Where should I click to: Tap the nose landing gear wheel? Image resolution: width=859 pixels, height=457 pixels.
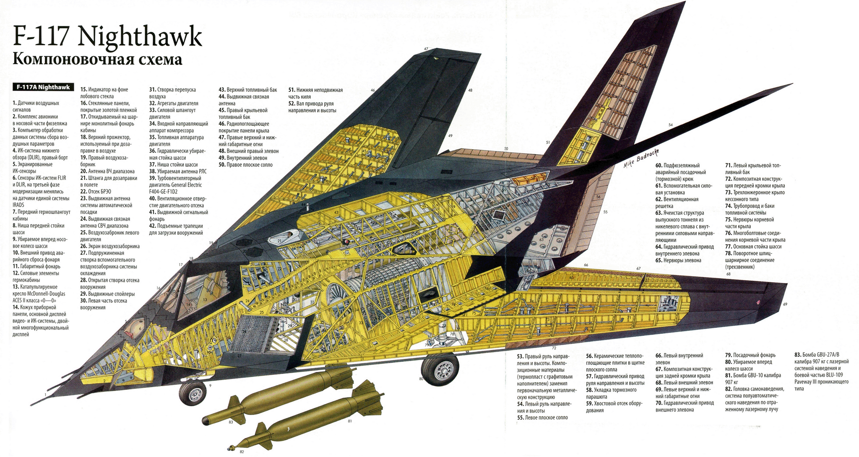(193, 393)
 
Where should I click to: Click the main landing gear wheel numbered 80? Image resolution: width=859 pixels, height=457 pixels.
(440, 369)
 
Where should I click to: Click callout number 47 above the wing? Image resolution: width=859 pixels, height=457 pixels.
(426, 49)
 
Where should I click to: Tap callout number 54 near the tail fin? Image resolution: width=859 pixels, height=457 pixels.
(670, 125)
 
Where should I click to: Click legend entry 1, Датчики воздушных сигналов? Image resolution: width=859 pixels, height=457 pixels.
(36, 106)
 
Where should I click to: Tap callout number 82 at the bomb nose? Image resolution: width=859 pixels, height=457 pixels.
(242, 451)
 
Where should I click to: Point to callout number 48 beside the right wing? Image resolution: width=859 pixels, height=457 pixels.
(470, 90)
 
